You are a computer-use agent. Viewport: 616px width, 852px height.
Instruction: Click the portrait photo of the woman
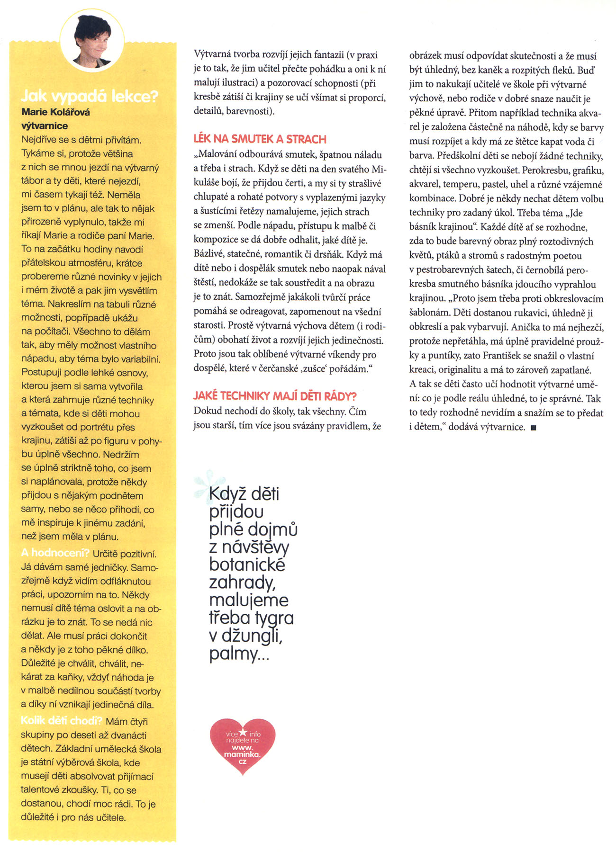(92, 40)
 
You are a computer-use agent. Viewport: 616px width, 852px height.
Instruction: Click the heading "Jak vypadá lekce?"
(90, 97)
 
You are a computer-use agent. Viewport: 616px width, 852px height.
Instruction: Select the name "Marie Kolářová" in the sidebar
(56, 112)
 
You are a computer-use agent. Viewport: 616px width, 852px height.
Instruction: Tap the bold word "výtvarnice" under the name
(45, 126)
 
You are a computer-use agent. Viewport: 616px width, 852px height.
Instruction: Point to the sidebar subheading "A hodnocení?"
(55, 553)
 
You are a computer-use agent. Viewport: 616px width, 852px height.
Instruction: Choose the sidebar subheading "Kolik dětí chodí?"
(62, 721)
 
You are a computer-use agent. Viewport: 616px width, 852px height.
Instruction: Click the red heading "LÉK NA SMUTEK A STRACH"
(260, 139)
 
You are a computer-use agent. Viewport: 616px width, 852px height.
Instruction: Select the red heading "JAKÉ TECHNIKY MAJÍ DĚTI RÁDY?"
(275, 396)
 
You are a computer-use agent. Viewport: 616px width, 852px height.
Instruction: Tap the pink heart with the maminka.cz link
(243, 746)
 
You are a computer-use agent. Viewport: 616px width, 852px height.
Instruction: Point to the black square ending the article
(534, 428)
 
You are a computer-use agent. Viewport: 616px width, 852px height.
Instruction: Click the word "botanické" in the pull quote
(247, 565)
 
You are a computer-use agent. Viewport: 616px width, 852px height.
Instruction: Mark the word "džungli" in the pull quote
(252, 636)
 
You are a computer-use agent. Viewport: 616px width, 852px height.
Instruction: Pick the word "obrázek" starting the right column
(425, 56)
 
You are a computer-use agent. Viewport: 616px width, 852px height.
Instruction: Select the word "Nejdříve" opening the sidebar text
(39, 140)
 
